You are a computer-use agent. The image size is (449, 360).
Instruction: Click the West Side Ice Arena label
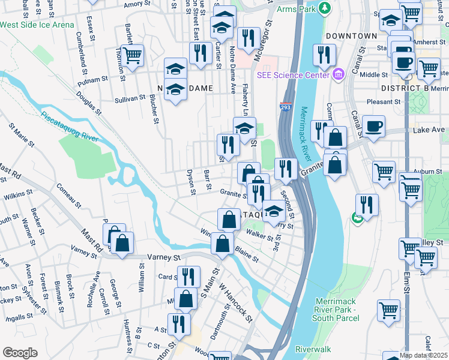(37, 25)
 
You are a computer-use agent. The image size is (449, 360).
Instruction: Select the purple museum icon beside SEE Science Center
(338, 74)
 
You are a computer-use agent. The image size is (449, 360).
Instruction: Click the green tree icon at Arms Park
(325, 8)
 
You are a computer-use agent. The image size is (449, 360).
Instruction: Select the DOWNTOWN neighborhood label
(352, 36)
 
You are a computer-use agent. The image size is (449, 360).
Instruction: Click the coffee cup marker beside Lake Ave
(374, 127)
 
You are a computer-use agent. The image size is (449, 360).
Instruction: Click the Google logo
(20, 353)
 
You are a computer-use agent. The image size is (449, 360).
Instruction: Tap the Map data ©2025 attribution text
(424, 355)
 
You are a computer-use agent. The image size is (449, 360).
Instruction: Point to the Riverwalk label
(313, 349)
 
